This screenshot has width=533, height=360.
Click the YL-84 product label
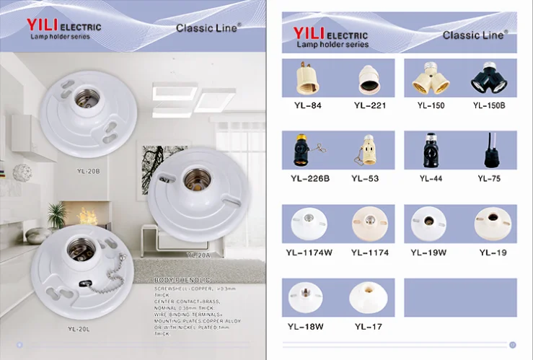point(307,105)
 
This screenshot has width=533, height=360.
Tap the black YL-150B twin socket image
point(488,79)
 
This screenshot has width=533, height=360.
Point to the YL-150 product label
point(431,105)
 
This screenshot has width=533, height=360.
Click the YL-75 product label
point(488,178)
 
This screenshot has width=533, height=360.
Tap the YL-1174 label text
point(369,253)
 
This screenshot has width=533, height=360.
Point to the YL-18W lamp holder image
point(305,297)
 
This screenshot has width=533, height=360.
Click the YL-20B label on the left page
point(87,172)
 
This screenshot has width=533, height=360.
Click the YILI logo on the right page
point(309,33)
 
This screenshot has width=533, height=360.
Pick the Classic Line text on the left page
point(208,28)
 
